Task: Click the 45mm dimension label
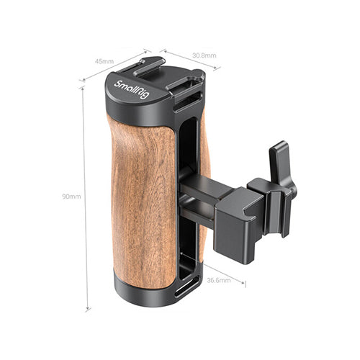point(104,61)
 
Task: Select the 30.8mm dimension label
point(204,55)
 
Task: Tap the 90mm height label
point(71,197)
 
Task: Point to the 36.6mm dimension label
point(219,280)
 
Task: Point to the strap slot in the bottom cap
point(187,287)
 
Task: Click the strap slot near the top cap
point(188,102)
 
